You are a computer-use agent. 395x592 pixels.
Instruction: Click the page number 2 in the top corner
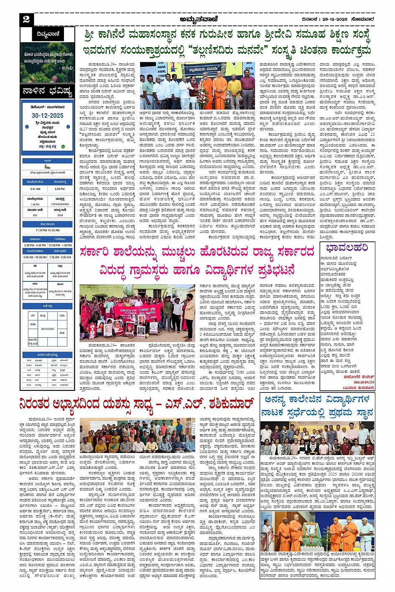pos(26,19)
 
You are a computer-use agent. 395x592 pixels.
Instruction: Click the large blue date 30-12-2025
pos(47,116)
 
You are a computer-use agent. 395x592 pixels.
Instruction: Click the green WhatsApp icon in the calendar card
pos(63,147)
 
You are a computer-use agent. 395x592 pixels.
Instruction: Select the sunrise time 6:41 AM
pos(35,189)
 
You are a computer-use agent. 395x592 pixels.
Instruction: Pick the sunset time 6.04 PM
pos(60,189)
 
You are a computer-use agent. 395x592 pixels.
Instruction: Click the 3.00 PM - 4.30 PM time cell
pos(35,245)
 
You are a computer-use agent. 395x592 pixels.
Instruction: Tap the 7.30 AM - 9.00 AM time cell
pos(60,257)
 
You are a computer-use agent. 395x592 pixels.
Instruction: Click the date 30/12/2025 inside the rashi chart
pos(48,329)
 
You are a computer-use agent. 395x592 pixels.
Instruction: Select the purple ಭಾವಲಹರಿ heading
pos(347,248)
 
